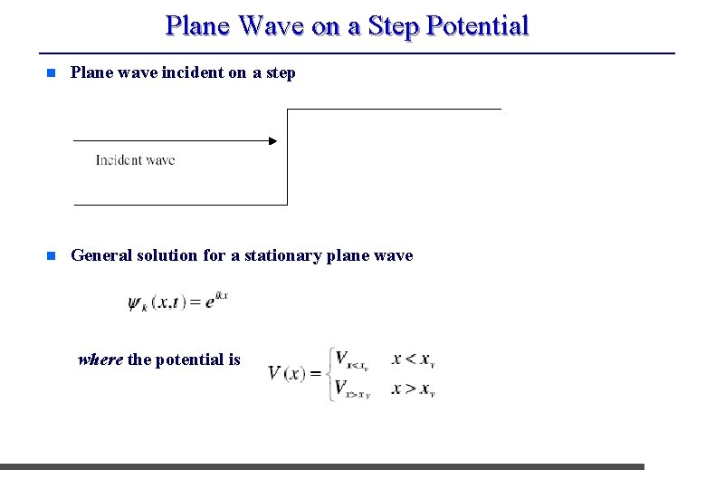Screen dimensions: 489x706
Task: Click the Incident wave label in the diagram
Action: click(x=135, y=160)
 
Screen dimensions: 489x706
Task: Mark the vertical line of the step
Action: click(x=287, y=156)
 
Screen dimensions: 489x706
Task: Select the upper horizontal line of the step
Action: click(x=394, y=110)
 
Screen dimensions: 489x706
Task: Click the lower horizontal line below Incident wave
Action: click(x=180, y=205)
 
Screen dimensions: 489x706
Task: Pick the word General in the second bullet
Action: click(x=101, y=255)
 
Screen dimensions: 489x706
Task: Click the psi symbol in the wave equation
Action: click(x=136, y=303)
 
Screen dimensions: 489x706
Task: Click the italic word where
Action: click(x=100, y=360)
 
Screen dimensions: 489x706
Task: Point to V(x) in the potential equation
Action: click(x=288, y=373)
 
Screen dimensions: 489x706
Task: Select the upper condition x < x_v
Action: click(x=415, y=360)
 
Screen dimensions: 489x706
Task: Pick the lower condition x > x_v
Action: click(x=415, y=389)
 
